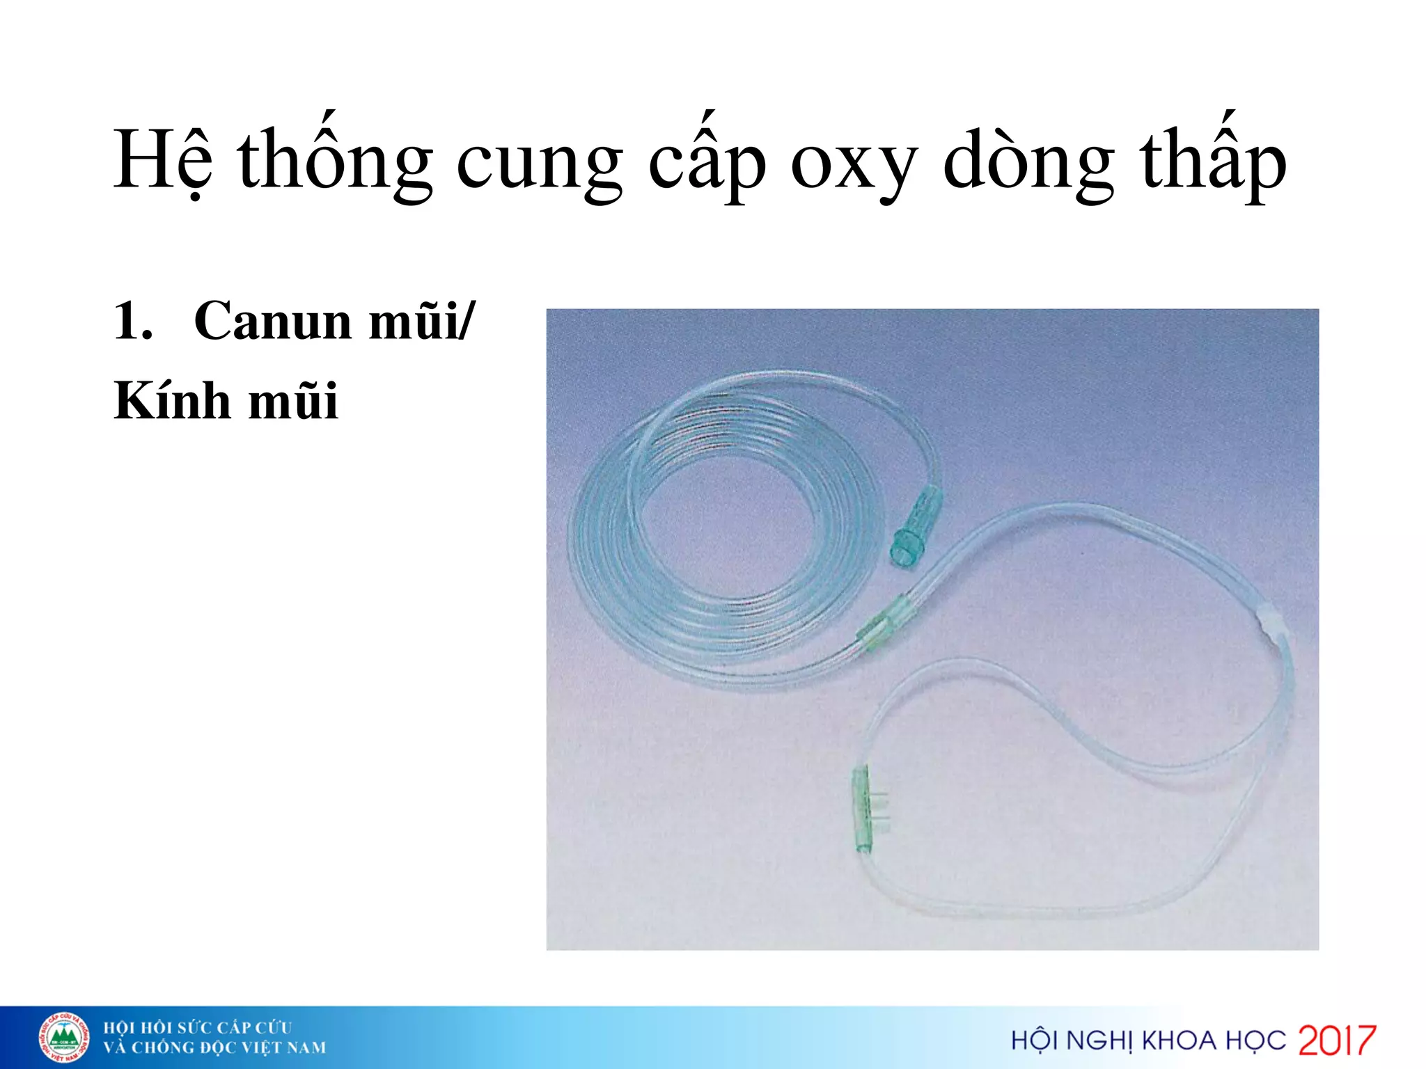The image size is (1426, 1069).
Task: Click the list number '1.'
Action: click(133, 321)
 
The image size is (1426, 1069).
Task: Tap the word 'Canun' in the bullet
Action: click(272, 321)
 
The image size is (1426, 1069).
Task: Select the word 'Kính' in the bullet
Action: click(171, 401)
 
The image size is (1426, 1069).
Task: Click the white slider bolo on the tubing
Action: click(1272, 621)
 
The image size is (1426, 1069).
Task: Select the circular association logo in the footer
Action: click(63, 1038)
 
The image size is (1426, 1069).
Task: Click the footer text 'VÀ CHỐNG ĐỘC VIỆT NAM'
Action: click(214, 1048)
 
